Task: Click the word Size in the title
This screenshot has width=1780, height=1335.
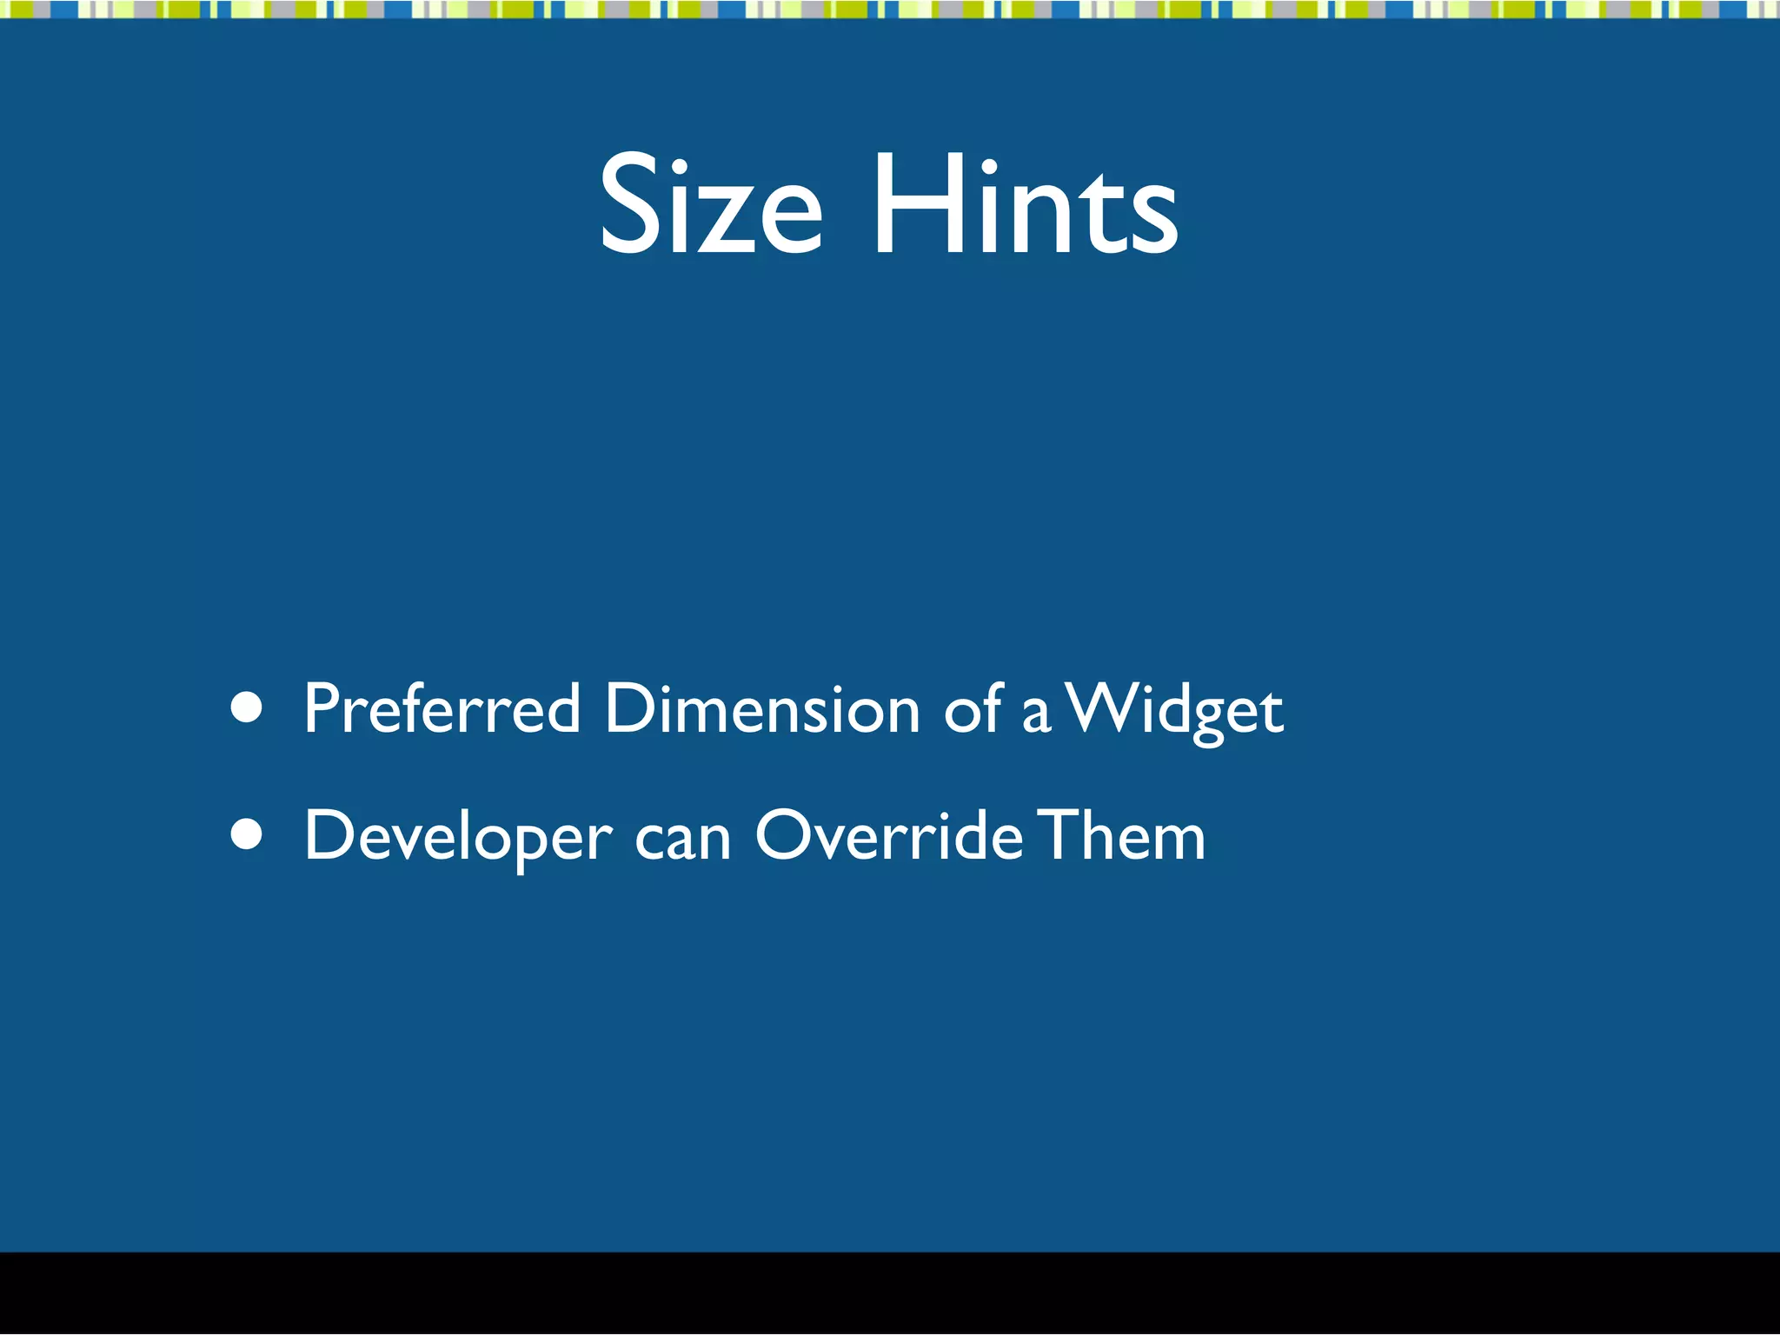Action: click(710, 206)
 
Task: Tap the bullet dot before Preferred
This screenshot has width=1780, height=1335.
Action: click(248, 707)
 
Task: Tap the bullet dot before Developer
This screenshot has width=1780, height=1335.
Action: click(248, 834)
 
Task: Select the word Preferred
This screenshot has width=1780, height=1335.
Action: click(442, 708)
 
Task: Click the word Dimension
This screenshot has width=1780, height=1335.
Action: click(762, 708)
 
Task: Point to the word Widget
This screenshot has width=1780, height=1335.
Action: click(1174, 708)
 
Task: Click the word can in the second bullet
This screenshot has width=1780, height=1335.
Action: click(682, 838)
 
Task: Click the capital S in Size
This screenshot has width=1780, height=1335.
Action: click(629, 206)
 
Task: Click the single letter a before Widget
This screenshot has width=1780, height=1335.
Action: click(1036, 714)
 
